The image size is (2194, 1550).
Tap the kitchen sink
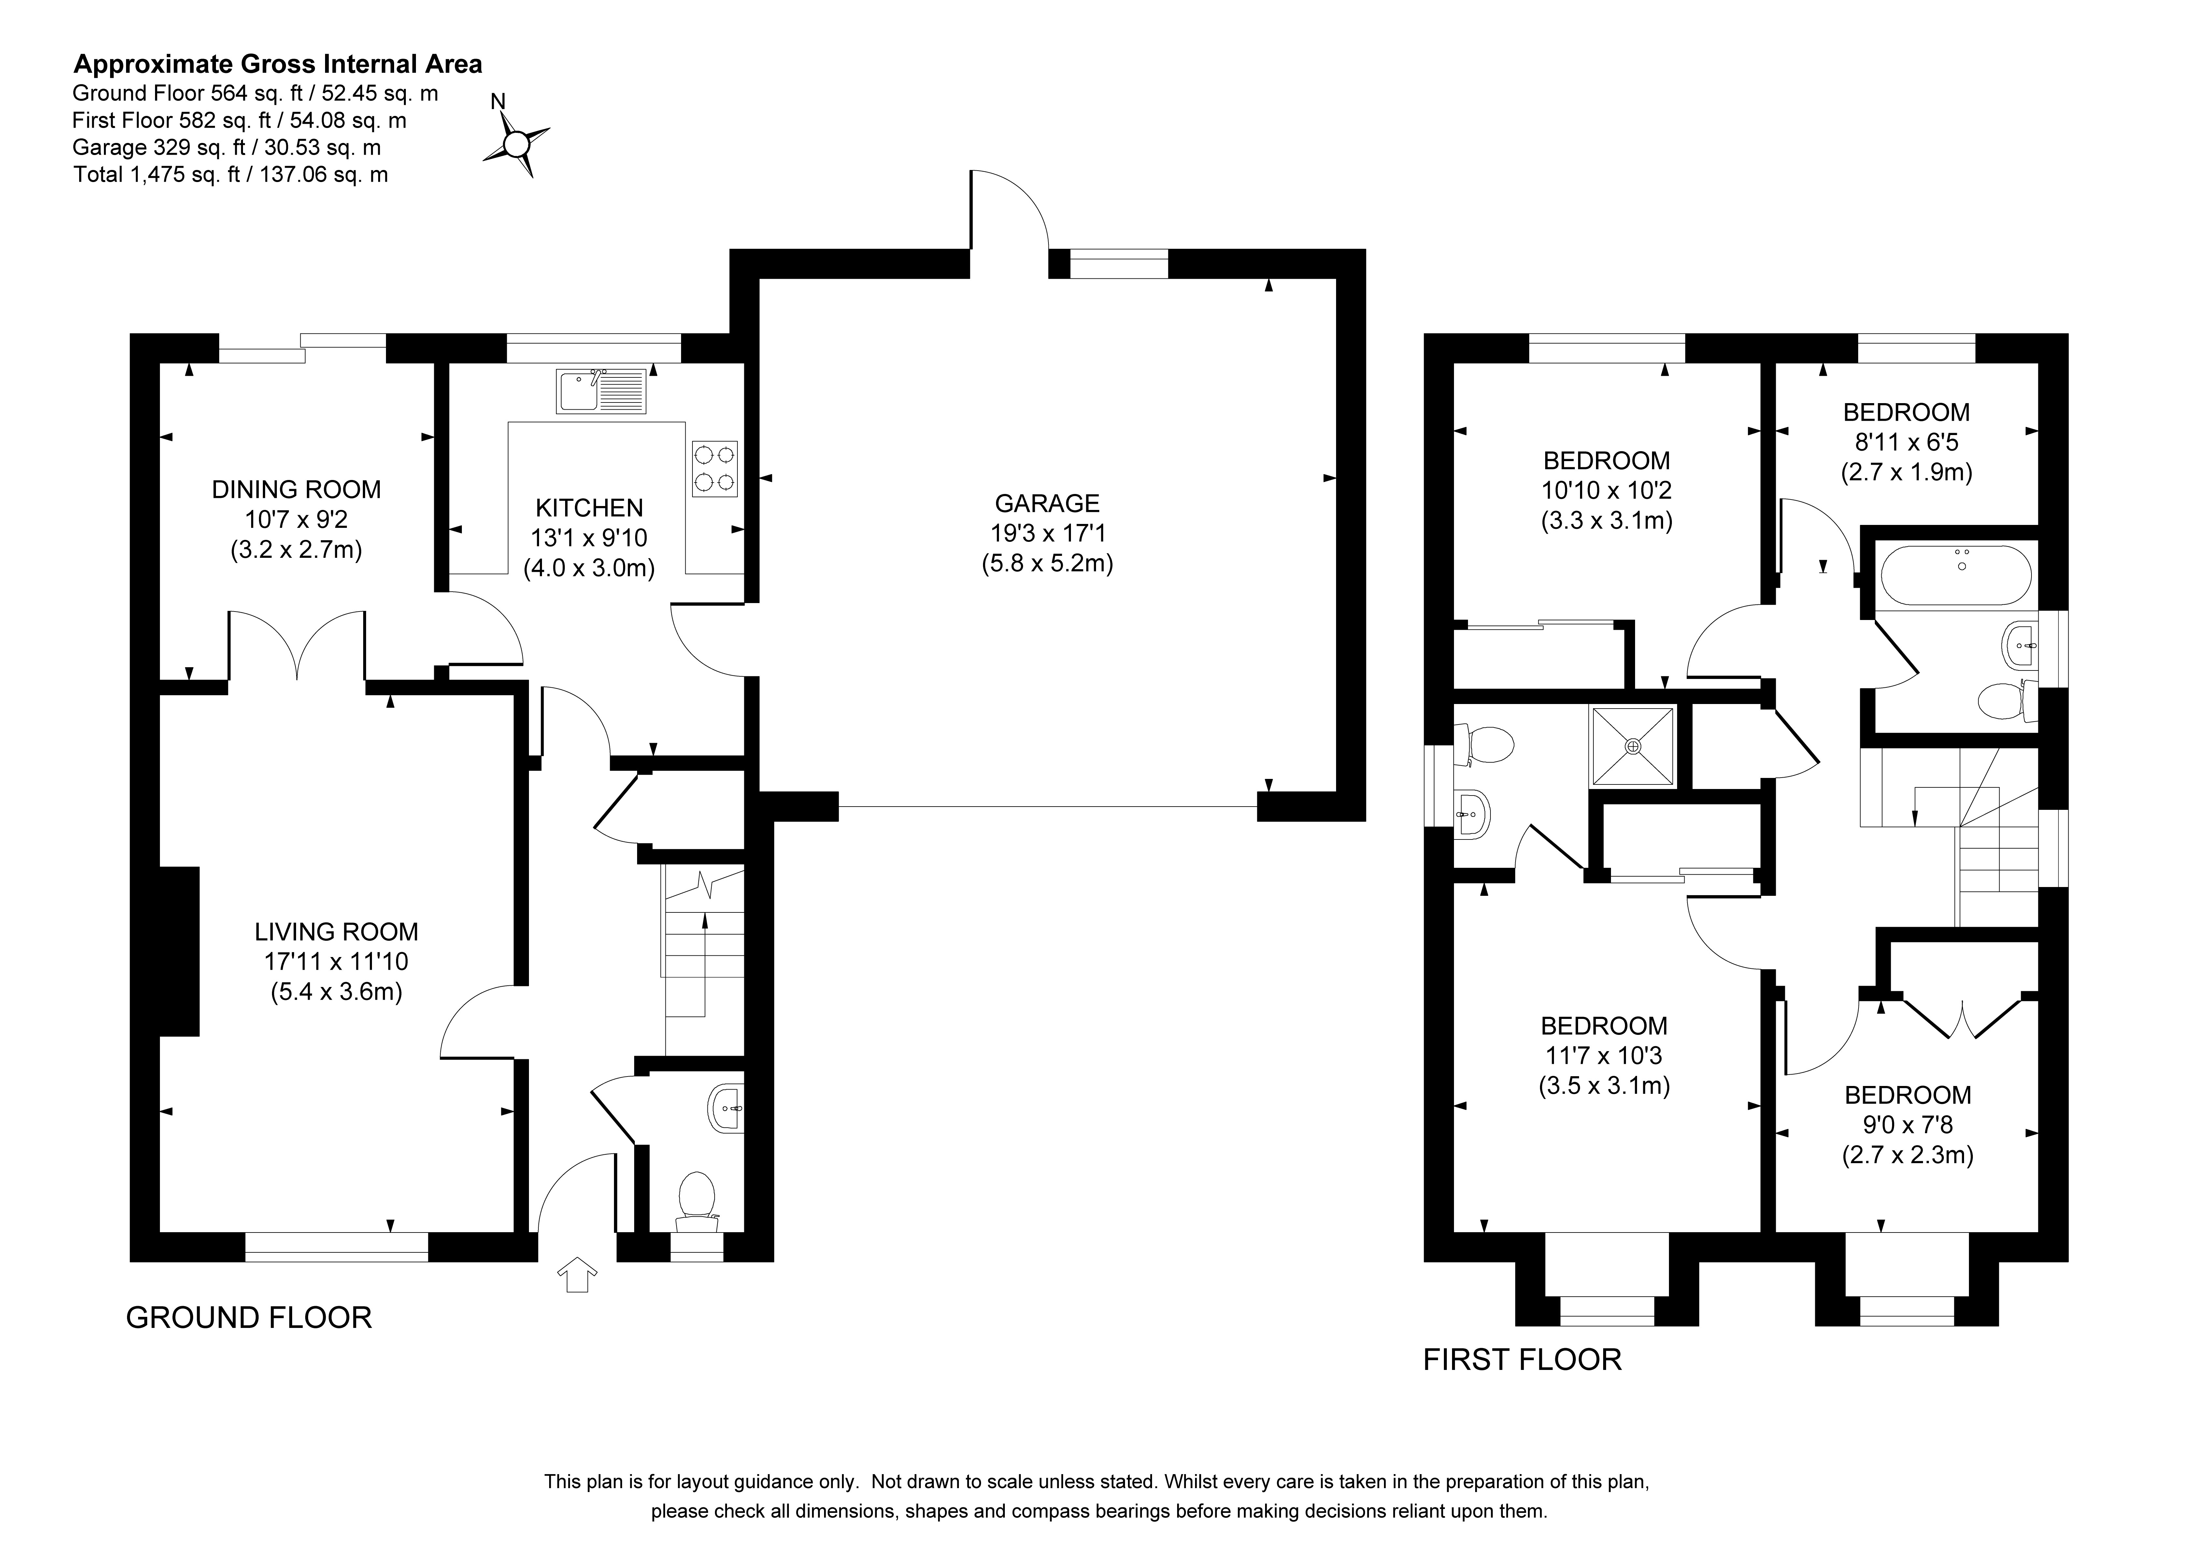click(x=601, y=392)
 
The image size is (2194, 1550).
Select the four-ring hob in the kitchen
click(x=715, y=468)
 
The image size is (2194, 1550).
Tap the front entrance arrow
click(x=577, y=1275)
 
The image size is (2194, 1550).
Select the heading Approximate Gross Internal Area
click(x=278, y=64)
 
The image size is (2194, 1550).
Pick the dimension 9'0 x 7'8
click(x=1907, y=1125)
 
